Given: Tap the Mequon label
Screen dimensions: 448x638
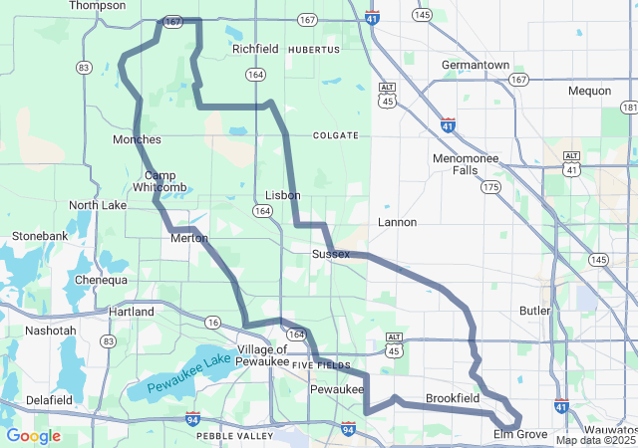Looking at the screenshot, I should point(589,91).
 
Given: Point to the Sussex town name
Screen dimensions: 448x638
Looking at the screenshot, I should point(331,254).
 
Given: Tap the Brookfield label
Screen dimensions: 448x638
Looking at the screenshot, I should point(453,398).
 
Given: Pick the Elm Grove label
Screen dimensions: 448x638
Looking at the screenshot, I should point(520,435).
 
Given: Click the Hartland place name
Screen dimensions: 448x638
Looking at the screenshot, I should point(132,312).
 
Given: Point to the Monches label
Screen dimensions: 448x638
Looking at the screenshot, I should point(137,139).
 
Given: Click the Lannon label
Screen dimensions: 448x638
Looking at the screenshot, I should point(398,222).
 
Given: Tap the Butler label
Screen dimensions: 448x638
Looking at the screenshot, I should point(535,311).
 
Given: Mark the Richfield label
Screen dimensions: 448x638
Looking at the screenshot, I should point(255,49).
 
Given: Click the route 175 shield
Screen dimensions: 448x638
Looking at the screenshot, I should point(489,187).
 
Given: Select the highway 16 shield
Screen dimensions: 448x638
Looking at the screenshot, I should point(212,322).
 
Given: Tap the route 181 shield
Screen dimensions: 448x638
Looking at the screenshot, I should point(629,107).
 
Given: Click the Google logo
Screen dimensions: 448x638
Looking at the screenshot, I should point(33,436).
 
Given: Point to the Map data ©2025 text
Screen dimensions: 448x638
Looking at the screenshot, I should point(594,440).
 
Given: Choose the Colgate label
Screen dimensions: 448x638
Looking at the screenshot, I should point(334,134).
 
